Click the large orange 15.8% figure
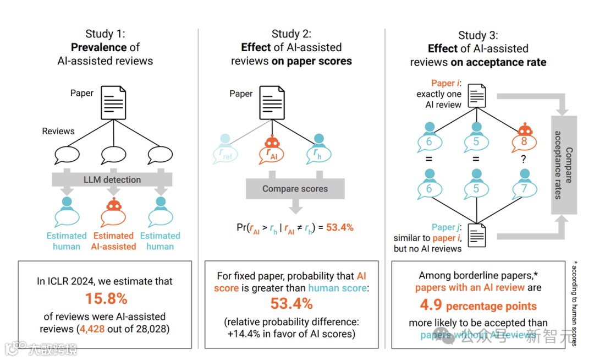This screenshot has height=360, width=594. coord(106,298)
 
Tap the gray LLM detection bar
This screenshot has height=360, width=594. coord(113,179)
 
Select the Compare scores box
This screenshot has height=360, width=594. coord(295,189)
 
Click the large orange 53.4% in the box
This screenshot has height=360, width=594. coord(291,303)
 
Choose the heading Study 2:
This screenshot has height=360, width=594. coord(291,34)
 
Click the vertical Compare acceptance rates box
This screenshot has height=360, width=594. coord(564,165)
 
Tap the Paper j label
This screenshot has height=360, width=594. coord(443,227)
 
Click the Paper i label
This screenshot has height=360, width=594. coord(443,83)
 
